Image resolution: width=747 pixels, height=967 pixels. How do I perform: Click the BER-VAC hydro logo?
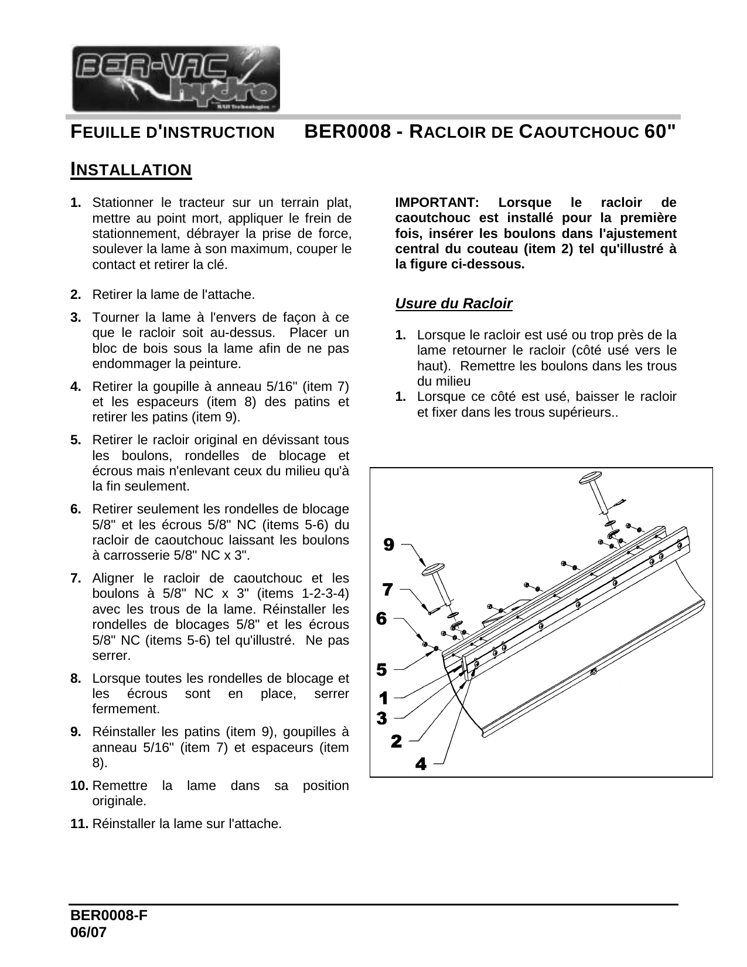pyautogui.click(x=175, y=79)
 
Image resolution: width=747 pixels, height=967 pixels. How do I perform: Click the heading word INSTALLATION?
pyautogui.click(x=131, y=170)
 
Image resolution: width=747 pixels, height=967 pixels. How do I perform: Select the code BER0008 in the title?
pyautogui.click(x=347, y=131)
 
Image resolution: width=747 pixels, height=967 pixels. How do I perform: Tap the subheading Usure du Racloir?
pyautogui.click(x=453, y=304)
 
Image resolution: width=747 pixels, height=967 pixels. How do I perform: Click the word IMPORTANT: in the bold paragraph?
pyautogui.click(x=436, y=203)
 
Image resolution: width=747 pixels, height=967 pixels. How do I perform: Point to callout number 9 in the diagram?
pyautogui.click(x=388, y=545)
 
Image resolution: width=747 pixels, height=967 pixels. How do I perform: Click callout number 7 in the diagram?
pyautogui.click(x=387, y=588)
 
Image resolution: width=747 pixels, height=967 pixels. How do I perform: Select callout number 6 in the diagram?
pyautogui.click(x=381, y=618)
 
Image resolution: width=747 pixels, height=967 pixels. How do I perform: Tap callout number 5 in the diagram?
pyautogui.click(x=381, y=669)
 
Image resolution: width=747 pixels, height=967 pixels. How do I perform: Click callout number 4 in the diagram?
pyautogui.click(x=420, y=764)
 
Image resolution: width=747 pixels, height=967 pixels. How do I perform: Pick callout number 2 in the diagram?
pyautogui.click(x=396, y=741)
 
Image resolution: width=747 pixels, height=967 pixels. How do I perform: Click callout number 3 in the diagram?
pyautogui.click(x=381, y=718)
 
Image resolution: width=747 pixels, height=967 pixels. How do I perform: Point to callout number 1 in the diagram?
pyautogui.click(x=383, y=699)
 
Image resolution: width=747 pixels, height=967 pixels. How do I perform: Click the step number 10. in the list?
pyautogui.click(x=80, y=785)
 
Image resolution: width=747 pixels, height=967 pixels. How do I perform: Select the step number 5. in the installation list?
pyautogui.click(x=76, y=440)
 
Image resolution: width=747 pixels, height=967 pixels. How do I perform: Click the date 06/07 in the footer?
pyautogui.click(x=88, y=932)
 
